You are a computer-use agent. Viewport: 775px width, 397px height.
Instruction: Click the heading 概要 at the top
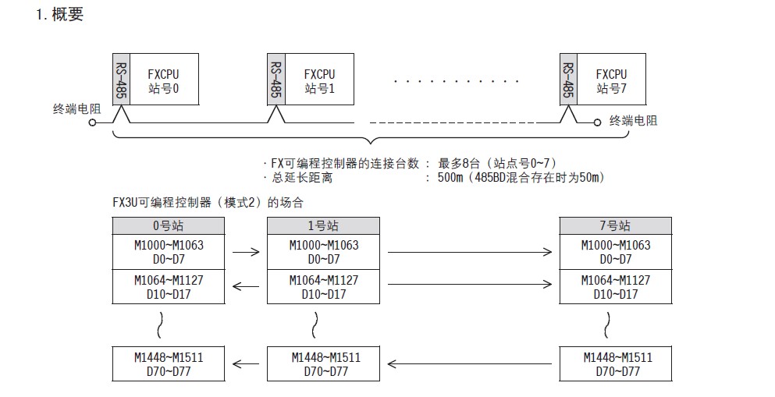(x=66, y=15)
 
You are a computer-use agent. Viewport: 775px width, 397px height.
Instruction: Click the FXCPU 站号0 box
(x=164, y=80)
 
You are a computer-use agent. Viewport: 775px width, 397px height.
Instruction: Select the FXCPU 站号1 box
(x=319, y=80)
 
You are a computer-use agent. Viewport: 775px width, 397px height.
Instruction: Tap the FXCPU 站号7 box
(x=611, y=80)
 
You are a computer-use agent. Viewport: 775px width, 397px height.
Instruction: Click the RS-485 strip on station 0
(x=121, y=80)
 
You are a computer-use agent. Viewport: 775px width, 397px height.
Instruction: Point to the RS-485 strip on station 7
(x=568, y=80)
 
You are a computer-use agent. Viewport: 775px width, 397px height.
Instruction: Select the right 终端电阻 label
(x=633, y=121)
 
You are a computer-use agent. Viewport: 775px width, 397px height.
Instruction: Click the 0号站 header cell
(x=169, y=225)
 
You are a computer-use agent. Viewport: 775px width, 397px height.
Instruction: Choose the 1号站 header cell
(x=324, y=225)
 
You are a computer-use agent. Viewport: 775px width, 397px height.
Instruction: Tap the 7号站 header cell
(x=616, y=225)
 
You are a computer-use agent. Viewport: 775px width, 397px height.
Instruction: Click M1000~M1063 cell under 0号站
(x=169, y=251)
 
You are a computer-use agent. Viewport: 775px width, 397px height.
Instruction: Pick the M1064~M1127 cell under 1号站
(x=324, y=286)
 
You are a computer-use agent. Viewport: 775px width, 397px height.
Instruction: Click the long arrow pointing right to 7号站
(x=469, y=252)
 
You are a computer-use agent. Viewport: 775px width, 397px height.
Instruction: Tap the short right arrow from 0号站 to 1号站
(x=246, y=252)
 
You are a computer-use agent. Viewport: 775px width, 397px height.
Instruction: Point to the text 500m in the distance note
(x=453, y=178)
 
